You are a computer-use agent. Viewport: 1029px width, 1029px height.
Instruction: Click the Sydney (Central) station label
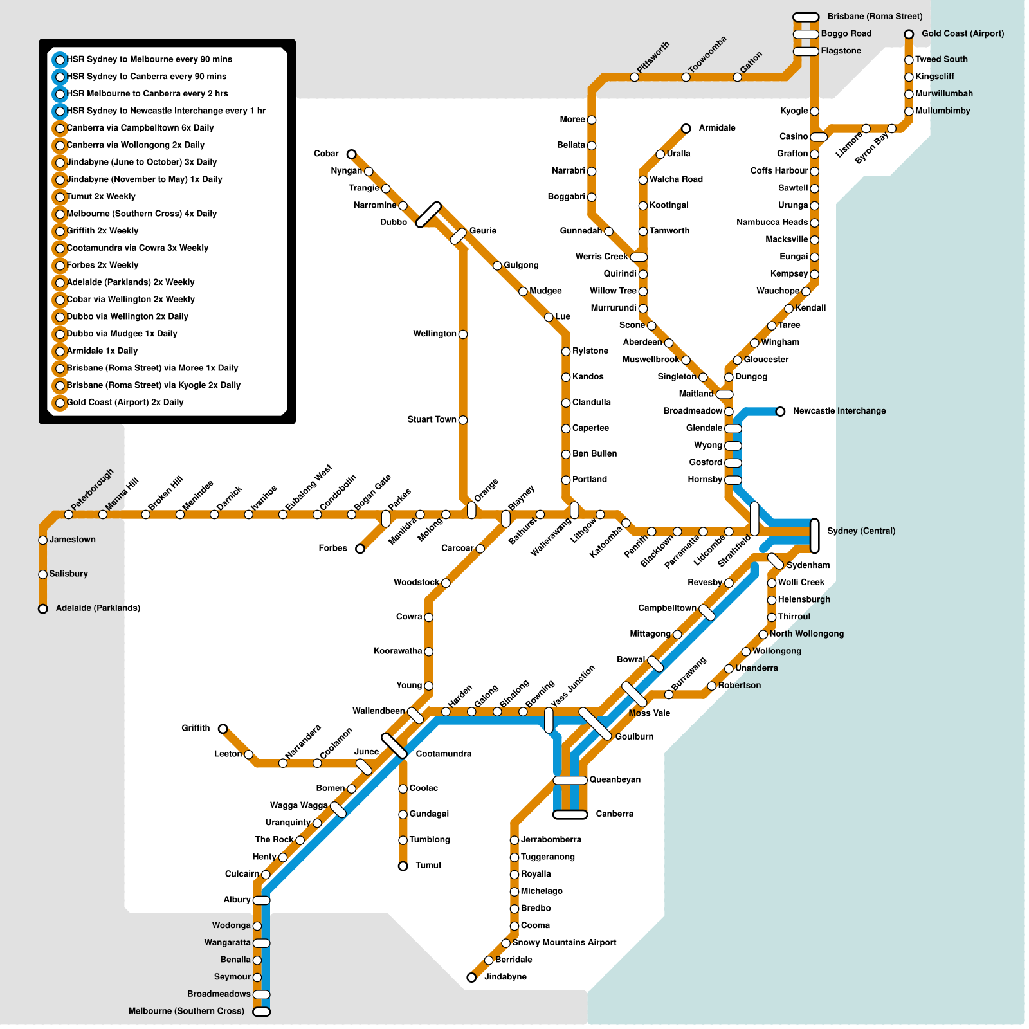pyautogui.click(x=861, y=531)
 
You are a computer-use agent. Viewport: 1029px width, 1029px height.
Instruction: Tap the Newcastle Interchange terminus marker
pyautogui.click(x=780, y=412)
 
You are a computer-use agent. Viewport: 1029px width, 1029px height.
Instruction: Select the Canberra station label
pyautogui.click(x=614, y=814)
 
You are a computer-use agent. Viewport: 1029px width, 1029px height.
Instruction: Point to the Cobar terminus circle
pyautogui.click(x=351, y=154)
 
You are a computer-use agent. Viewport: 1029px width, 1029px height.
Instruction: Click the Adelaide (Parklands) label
pyautogui.click(x=98, y=608)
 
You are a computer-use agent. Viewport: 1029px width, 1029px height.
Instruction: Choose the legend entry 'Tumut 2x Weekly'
pyautogui.click(x=101, y=197)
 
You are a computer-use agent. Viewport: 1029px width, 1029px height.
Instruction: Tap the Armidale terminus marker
pyautogui.click(x=686, y=129)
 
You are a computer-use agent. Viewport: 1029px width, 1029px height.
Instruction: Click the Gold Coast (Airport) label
pyautogui.click(x=963, y=34)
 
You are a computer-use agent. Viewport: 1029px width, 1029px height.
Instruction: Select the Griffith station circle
pyautogui.click(x=223, y=729)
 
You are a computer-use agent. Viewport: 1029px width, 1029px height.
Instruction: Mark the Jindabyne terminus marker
pyautogui.click(x=471, y=978)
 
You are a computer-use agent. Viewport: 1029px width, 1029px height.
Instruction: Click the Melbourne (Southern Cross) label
pyautogui.click(x=187, y=1012)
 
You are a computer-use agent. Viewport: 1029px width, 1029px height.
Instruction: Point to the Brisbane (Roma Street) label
pyautogui.click(x=875, y=17)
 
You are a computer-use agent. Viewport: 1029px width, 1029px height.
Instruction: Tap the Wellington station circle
pyautogui.click(x=463, y=334)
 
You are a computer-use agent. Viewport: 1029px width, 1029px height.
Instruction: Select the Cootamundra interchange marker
pyautogui.click(x=394, y=746)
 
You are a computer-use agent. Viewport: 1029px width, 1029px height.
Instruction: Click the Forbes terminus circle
pyautogui.click(x=360, y=549)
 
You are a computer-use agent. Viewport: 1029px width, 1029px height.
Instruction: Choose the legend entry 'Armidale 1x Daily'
pyautogui.click(x=102, y=351)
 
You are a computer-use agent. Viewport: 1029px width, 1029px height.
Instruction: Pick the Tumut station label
pyautogui.click(x=428, y=866)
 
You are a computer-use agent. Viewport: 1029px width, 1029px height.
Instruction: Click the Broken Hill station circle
pyautogui.click(x=145, y=514)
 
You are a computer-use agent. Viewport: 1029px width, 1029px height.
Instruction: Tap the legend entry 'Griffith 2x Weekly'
pyautogui.click(x=102, y=231)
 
